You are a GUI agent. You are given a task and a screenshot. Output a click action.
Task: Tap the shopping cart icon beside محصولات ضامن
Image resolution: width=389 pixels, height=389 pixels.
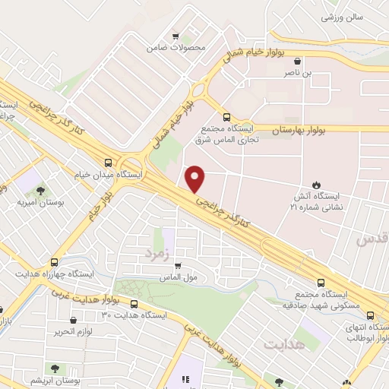coord(176,36)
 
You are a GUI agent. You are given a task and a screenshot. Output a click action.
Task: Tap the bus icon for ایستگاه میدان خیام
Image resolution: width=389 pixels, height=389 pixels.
coord(108,162)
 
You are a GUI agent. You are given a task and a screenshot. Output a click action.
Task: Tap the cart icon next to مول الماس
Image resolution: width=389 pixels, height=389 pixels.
coord(177,266)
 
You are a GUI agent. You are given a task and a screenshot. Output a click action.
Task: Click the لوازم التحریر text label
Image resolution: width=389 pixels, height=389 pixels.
coord(72,333)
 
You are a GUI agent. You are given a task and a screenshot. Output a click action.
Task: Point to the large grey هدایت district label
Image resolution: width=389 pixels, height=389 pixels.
coord(283,345)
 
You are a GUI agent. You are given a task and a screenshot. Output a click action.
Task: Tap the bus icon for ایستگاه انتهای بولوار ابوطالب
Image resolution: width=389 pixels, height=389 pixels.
coord(370,315)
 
